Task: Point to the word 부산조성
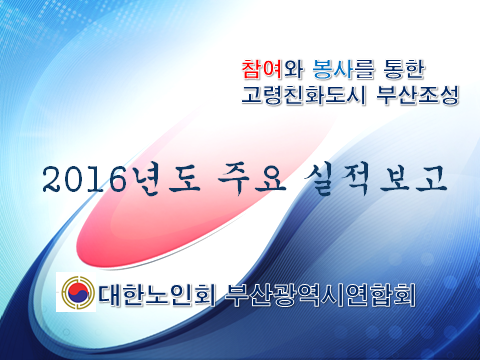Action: click(417, 97)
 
